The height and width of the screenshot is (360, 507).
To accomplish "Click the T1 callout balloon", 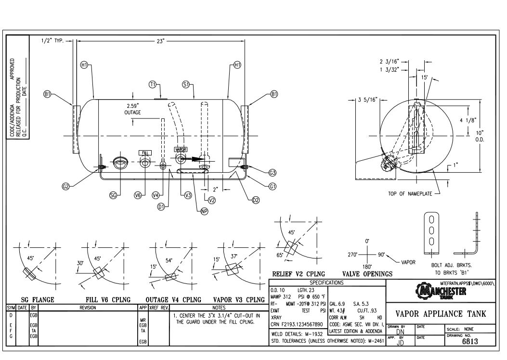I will pos(153,84).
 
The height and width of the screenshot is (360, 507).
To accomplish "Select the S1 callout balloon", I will pos(186,84).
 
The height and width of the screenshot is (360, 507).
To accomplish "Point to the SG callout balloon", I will pos(114,195).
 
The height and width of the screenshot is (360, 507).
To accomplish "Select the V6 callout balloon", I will pos(138,195).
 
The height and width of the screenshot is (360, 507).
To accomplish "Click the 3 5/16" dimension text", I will pos(370,100).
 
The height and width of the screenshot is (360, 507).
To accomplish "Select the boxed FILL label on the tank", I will pos(145,153).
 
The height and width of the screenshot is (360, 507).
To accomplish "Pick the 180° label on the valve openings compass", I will pos(367,265).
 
